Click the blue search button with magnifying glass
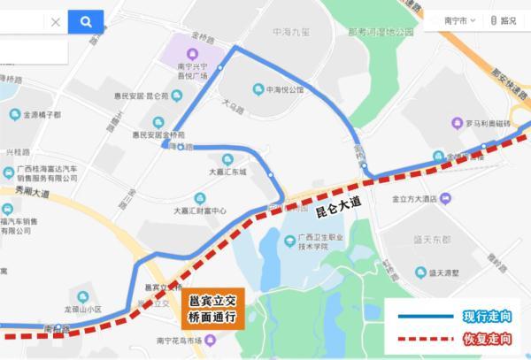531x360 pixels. tap(86, 22)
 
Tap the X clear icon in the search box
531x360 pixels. tap(55, 22)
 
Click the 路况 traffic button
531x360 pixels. tap(503, 20)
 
